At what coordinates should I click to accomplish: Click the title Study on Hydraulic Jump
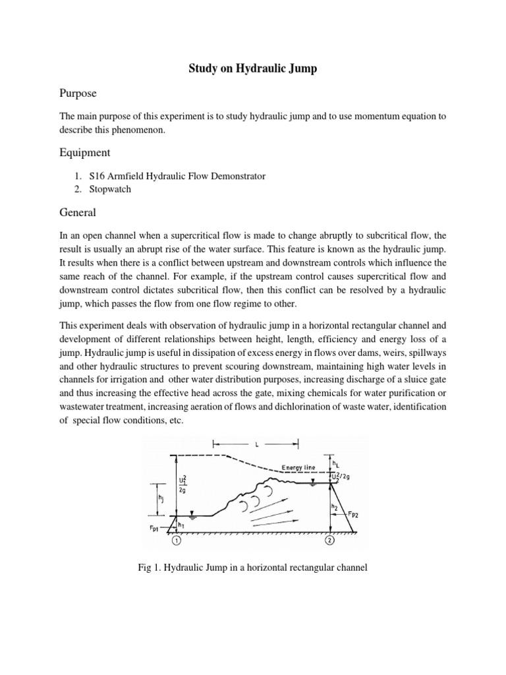click(x=253, y=69)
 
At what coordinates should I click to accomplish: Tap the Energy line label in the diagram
click(x=299, y=467)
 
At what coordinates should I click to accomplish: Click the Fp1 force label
click(x=156, y=529)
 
